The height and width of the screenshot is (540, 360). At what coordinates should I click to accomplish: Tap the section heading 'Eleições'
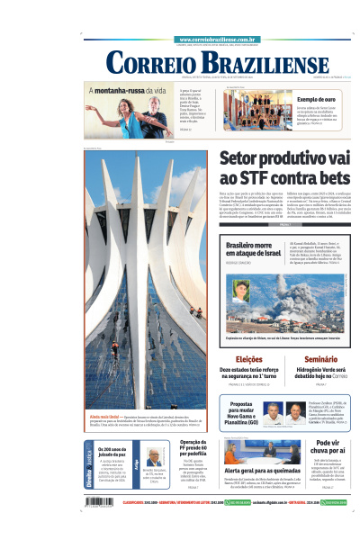click(x=238, y=358)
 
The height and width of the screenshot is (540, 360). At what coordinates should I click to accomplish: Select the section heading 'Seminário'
click(x=321, y=358)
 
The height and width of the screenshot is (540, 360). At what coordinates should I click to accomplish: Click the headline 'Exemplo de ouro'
click(x=316, y=99)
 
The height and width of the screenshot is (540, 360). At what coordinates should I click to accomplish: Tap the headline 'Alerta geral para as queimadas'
click(x=261, y=470)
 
